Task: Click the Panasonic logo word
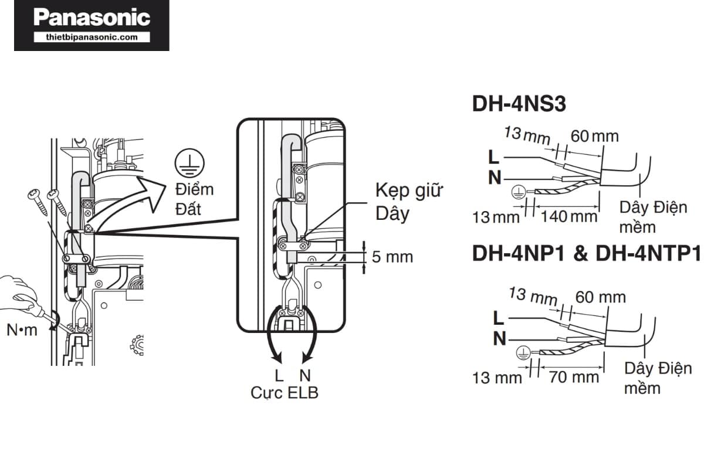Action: [92, 18]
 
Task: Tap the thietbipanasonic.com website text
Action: [92, 37]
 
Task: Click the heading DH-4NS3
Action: [519, 104]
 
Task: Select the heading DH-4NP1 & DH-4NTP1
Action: [587, 254]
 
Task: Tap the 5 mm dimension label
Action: [392, 256]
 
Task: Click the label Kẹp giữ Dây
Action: [409, 202]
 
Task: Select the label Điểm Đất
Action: [194, 199]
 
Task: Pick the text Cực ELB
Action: [285, 392]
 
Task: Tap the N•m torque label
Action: [22, 330]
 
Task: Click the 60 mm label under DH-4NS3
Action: [594, 136]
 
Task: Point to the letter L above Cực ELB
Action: [279, 375]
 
